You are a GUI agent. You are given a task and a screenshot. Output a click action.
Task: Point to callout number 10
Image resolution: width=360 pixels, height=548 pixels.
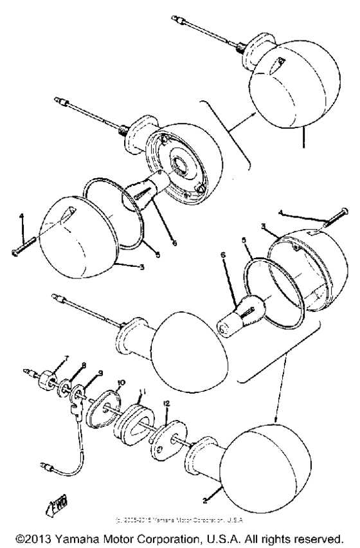120,382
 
